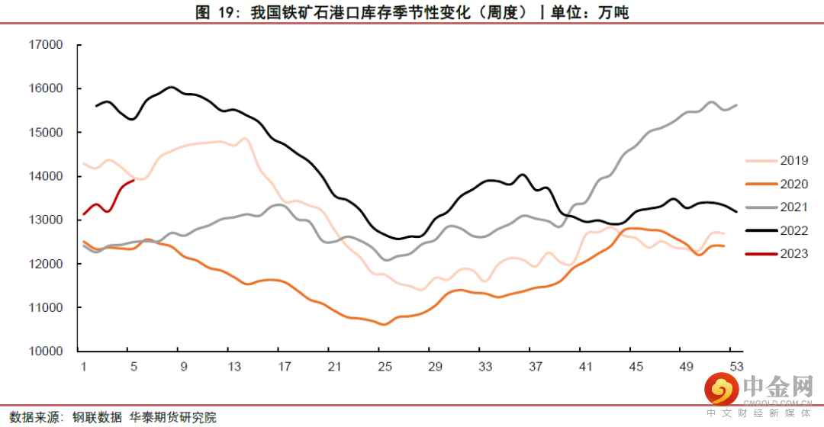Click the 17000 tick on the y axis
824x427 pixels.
click(47, 45)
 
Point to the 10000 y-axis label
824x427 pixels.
click(47, 352)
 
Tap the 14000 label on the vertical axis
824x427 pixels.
click(47, 176)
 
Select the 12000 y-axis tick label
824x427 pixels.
click(47, 264)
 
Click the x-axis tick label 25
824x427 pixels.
click(384, 366)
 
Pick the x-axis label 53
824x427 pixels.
click(735, 366)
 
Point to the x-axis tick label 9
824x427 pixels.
click(183, 366)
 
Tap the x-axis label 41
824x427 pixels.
click(585, 366)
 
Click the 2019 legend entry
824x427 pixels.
click(793, 161)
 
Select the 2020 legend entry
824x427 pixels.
click(793, 184)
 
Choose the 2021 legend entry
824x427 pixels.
click(793, 207)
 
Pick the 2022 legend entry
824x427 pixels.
click(793, 230)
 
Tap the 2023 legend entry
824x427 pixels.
click(793, 254)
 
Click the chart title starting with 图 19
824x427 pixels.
click(412, 11)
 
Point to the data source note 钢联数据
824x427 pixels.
click(97, 417)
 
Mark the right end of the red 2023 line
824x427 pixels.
click(134, 180)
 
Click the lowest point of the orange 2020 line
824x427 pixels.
click(384, 324)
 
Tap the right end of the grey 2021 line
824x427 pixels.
click(736, 105)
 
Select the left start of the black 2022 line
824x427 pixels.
click(96, 106)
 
